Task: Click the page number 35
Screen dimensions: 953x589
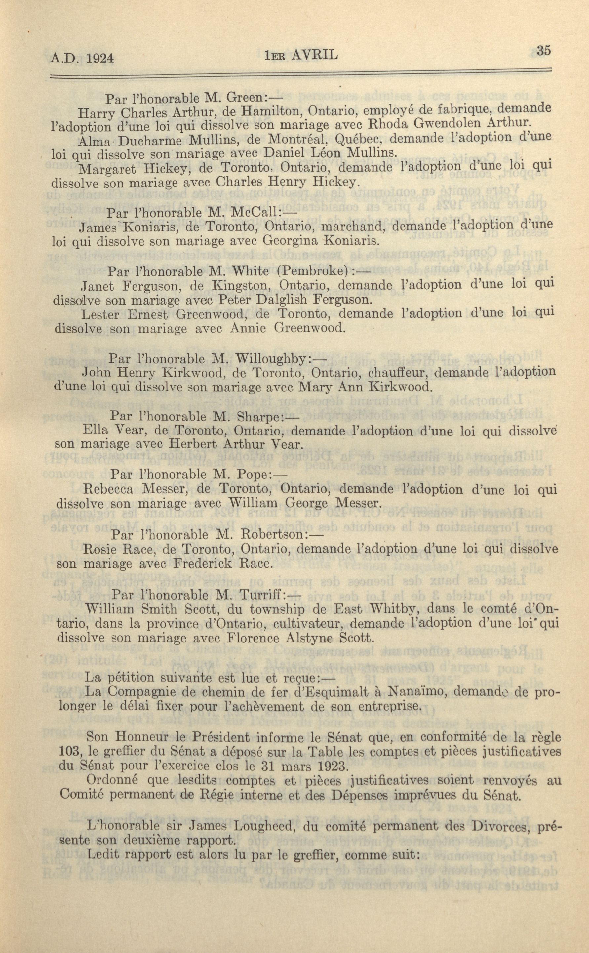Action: [x=543, y=51]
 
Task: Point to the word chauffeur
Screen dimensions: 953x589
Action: [x=399, y=372]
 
